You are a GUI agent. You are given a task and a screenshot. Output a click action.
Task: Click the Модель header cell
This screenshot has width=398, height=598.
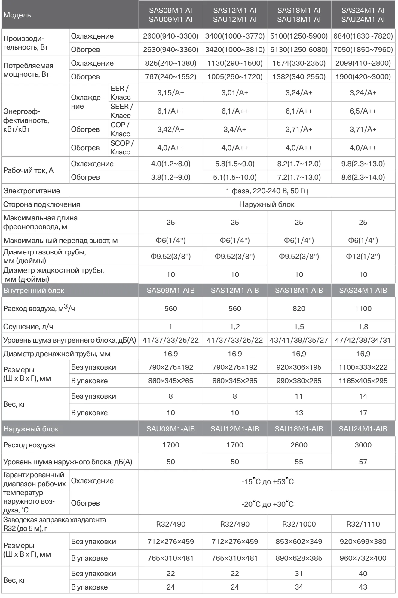pyautogui.click(x=17, y=15)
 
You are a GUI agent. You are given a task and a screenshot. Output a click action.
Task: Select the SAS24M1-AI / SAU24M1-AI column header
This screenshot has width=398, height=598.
pyautogui.click(x=363, y=15)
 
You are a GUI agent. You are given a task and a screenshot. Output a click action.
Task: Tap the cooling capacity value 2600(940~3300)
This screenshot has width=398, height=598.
pyautogui.click(x=170, y=36)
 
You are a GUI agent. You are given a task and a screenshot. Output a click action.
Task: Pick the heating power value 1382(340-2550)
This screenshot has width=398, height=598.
pyautogui.click(x=299, y=77)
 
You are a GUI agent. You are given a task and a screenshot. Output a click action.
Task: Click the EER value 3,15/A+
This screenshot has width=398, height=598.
pyautogui.click(x=170, y=93)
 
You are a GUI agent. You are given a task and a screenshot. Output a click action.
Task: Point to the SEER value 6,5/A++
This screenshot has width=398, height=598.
pyautogui.click(x=363, y=111)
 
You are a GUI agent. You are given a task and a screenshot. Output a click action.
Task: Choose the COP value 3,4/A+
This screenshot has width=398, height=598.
pyautogui.click(x=234, y=129)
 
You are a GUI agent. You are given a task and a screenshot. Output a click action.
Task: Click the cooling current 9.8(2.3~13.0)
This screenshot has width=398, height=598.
pyautogui.click(x=363, y=164)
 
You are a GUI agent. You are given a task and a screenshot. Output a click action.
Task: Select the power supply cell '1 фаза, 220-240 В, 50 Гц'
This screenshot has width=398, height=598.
pyautogui.click(x=267, y=191)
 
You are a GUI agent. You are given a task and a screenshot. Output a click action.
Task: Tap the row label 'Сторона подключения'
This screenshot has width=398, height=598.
pyautogui.click(x=41, y=204)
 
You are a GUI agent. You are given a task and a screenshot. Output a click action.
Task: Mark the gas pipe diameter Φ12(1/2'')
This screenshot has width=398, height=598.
pyautogui.click(x=363, y=257)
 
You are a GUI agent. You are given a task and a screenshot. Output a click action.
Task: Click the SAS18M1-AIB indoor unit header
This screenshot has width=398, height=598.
pyautogui.click(x=299, y=291)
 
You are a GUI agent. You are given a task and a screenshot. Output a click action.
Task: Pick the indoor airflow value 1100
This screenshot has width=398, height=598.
pyautogui.click(x=363, y=309)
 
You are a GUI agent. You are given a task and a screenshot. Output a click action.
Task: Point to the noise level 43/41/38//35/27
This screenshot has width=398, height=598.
pyautogui.click(x=299, y=341)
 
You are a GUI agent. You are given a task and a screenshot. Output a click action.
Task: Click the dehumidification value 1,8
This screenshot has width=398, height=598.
pyautogui.click(x=363, y=327)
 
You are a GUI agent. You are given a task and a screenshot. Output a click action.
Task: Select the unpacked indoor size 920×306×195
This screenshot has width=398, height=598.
pyautogui.click(x=299, y=367)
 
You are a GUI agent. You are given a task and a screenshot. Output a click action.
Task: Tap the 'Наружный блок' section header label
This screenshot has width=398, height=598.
pyautogui.click(x=31, y=429)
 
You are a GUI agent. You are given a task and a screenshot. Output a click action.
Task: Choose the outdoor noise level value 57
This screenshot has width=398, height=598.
pyautogui.click(x=363, y=462)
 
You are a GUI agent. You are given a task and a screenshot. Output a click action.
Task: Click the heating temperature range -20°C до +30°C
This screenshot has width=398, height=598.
pyautogui.click(x=267, y=504)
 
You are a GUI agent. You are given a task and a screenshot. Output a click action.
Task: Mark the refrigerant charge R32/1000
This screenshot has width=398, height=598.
pyautogui.click(x=299, y=524)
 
